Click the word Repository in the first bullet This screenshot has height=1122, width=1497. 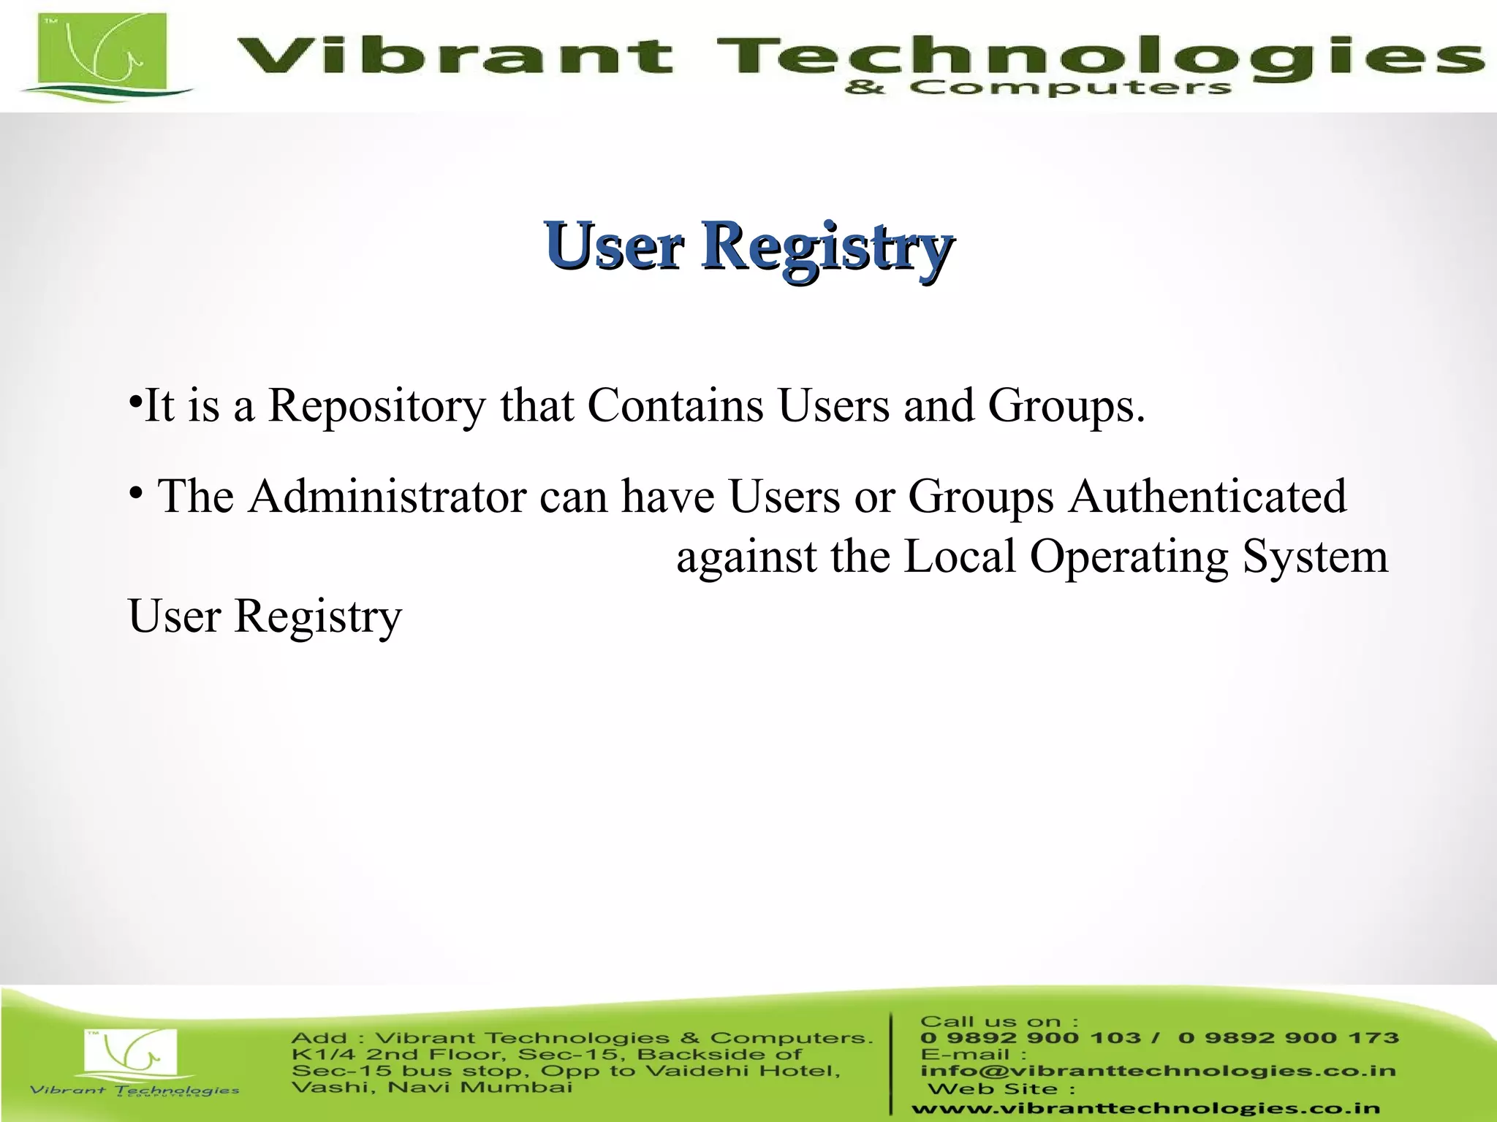click(x=376, y=405)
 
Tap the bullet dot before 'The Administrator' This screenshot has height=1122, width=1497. click(x=135, y=495)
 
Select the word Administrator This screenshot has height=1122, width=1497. click(x=387, y=497)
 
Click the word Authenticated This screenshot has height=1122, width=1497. click(x=1208, y=497)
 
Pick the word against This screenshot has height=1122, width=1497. click(x=746, y=557)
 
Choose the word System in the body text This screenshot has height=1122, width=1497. click(x=1315, y=557)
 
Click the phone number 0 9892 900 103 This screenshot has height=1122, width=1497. click(x=1031, y=1038)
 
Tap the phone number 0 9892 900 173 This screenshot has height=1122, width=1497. click(x=1288, y=1038)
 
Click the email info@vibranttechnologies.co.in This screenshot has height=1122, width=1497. click(x=1158, y=1071)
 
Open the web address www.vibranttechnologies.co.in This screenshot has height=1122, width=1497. click(x=1145, y=1109)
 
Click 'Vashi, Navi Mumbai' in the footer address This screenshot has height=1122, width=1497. click(x=431, y=1088)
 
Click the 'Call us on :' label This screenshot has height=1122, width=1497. click(x=998, y=1021)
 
